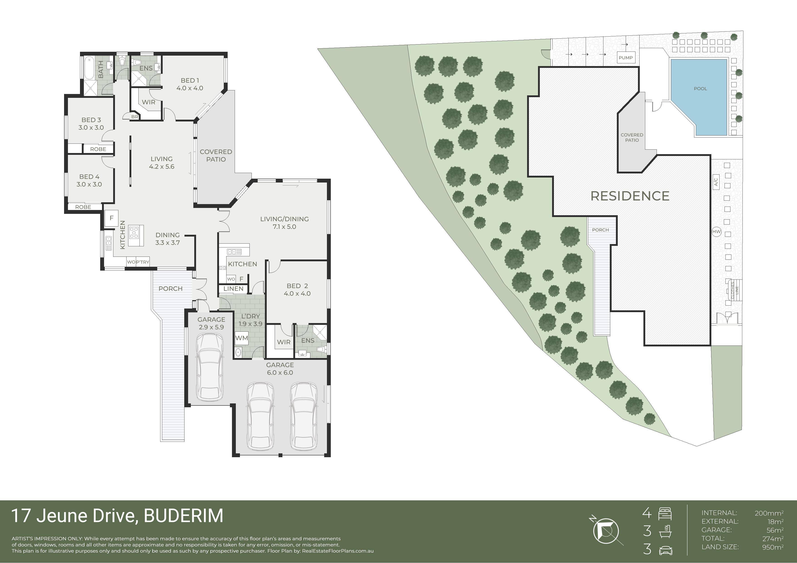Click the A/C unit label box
pyautogui.click(x=716, y=182)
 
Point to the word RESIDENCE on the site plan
pyautogui.click(x=630, y=196)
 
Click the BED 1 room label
pyautogui.click(x=190, y=81)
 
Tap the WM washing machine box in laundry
pyautogui.click(x=242, y=338)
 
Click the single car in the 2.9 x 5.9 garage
pyautogui.click(x=210, y=367)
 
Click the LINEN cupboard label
pyautogui.click(x=233, y=289)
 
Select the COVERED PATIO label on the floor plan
pyautogui.click(x=216, y=156)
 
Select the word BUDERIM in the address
pyautogui.click(x=184, y=516)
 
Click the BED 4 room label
pyautogui.click(x=89, y=177)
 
